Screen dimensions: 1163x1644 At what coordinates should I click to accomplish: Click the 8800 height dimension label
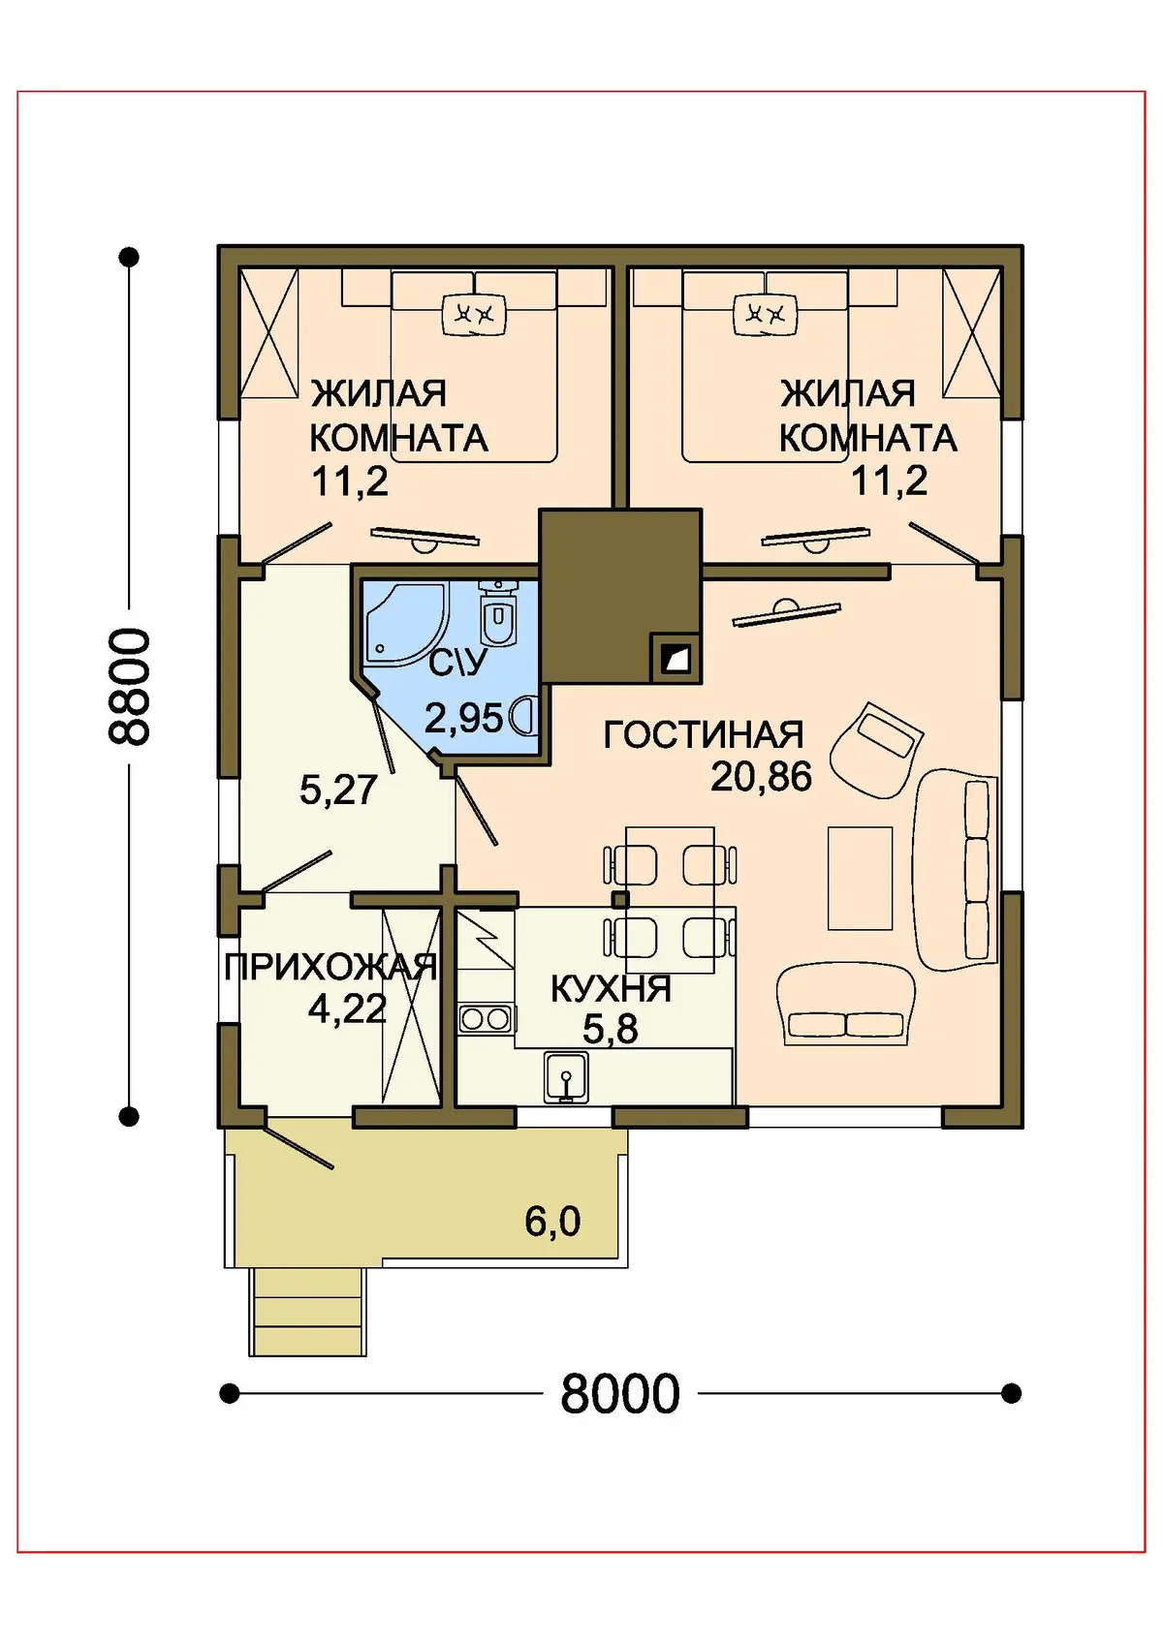[x=129, y=686]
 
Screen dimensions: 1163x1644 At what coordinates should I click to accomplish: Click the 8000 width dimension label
[x=619, y=1393]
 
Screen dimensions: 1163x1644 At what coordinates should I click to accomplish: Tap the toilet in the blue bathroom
[x=498, y=613]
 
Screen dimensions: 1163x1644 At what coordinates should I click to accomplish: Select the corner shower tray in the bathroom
[x=407, y=624]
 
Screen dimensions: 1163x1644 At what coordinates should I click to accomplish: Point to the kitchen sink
[x=565, y=1076]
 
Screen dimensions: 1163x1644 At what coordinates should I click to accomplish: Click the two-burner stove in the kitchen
[x=485, y=1019]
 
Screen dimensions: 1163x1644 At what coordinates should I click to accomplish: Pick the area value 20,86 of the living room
[x=761, y=777]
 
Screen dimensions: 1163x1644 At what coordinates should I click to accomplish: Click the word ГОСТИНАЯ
[x=704, y=734]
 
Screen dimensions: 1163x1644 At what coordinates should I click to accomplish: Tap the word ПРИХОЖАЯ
[x=330, y=968]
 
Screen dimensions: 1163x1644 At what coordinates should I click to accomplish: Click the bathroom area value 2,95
[x=464, y=718]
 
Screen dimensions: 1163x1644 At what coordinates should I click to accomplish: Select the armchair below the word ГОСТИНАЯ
[x=876, y=751]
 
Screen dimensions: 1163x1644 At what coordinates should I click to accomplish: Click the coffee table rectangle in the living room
[x=860, y=879]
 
